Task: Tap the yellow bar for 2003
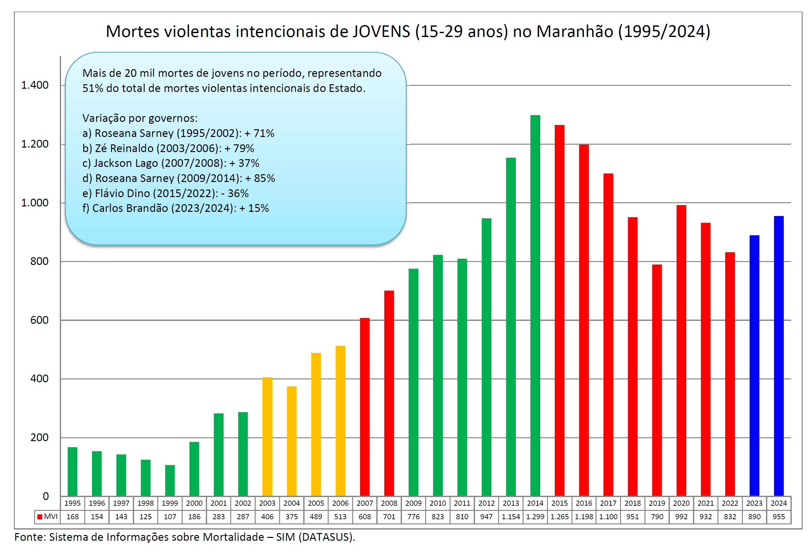[267, 436]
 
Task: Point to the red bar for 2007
[364, 407]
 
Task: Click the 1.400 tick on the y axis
[35, 85]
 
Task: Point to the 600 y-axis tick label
[40, 320]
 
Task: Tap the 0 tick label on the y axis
[46, 496]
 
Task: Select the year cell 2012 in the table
[486, 503]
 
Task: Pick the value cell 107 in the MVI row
[170, 517]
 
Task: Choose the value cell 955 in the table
[779, 517]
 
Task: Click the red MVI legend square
[40, 517]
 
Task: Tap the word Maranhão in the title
[575, 32]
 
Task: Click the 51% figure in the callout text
[93, 88]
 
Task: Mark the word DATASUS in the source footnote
[326, 537]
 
